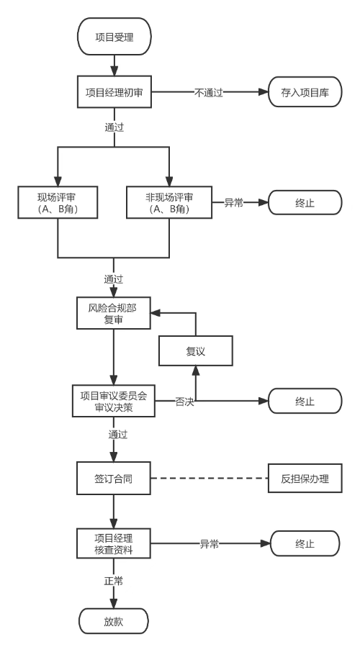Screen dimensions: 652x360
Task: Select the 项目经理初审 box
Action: (x=114, y=93)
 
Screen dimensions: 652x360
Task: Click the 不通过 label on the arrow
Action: (x=207, y=93)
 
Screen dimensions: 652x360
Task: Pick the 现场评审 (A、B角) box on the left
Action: (x=58, y=203)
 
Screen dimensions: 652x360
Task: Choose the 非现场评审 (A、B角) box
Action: (x=169, y=203)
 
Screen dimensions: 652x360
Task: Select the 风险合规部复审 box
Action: (x=114, y=313)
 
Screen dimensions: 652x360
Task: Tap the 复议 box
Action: (x=197, y=351)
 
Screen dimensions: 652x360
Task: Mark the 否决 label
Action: (x=184, y=402)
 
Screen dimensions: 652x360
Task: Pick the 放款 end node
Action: (x=114, y=620)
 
